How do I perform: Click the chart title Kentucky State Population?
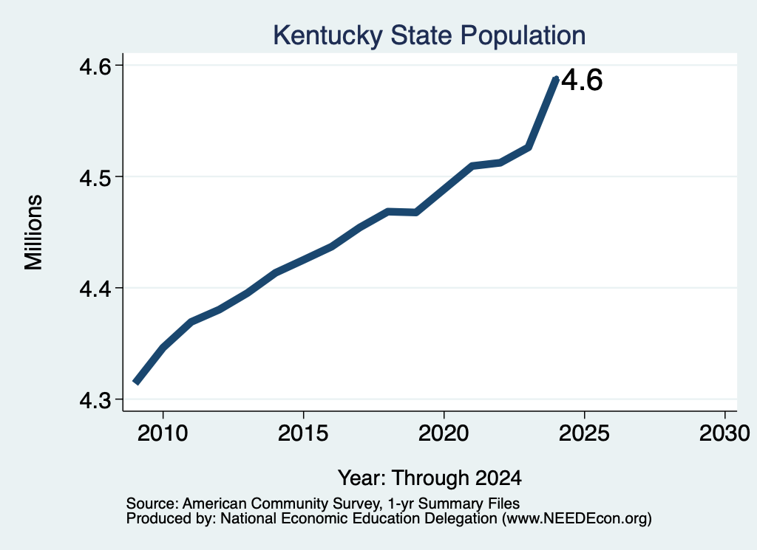coord(430,35)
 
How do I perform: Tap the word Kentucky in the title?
coord(327,35)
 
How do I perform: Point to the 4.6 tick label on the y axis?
coord(94,66)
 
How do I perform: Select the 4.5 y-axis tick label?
coord(94,177)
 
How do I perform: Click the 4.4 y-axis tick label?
coord(94,288)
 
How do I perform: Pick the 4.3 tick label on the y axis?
coord(94,399)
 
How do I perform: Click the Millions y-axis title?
coord(33,233)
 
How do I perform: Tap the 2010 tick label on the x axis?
coord(163,433)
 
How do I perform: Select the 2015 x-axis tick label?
coord(303,433)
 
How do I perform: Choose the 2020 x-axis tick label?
coord(444,433)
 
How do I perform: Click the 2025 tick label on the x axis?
coord(584,433)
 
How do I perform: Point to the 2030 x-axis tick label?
coord(724,433)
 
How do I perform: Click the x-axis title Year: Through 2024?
coord(430,478)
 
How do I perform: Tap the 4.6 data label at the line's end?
coord(583,80)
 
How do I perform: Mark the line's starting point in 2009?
coord(136,382)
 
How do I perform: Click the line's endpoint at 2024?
coord(556,79)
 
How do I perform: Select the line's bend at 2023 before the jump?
coord(529,148)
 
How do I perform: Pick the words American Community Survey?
coord(280,503)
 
